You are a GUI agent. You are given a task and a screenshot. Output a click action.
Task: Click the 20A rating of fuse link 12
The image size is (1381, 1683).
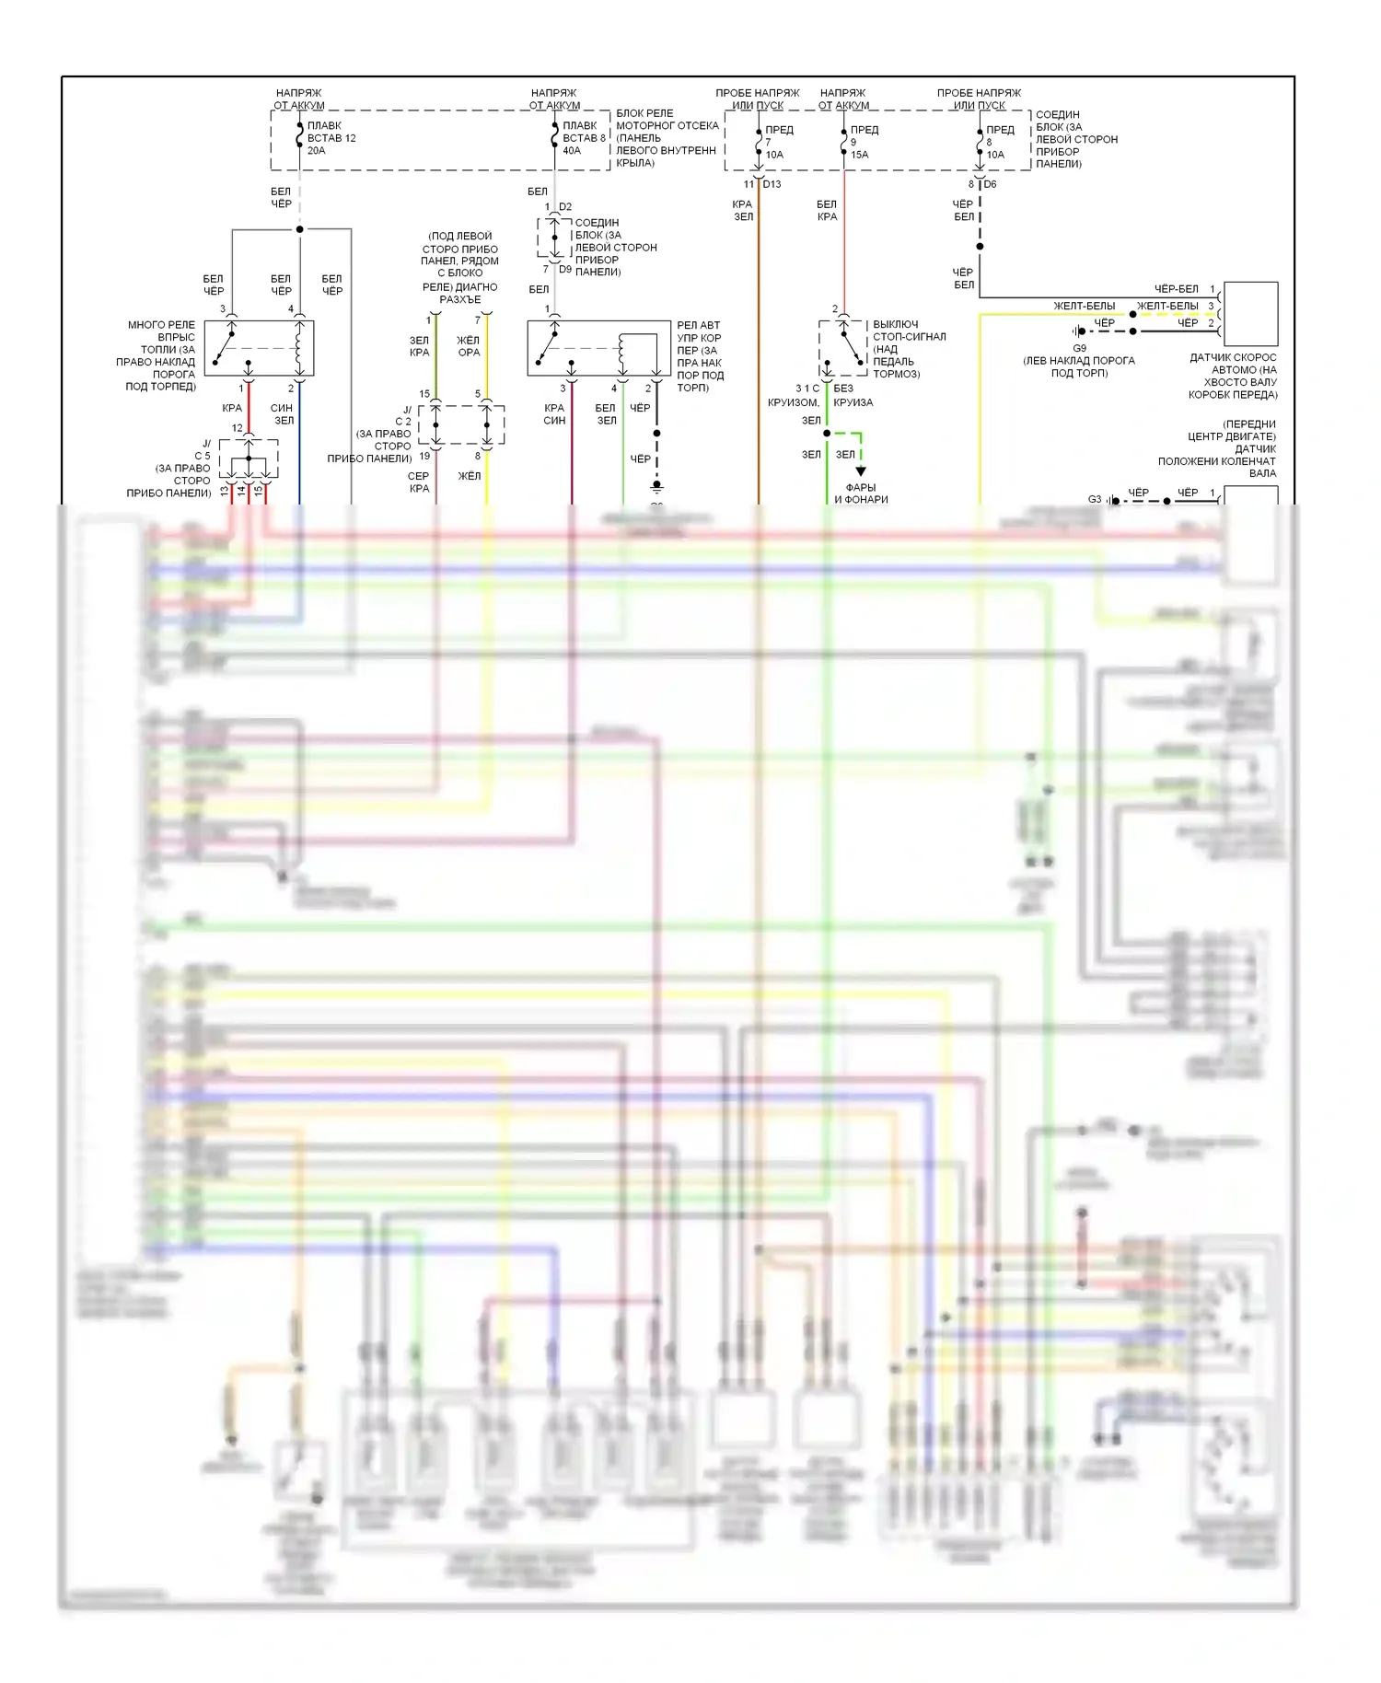click(x=316, y=151)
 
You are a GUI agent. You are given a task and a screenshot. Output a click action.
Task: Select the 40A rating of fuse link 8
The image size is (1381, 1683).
click(x=572, y=151)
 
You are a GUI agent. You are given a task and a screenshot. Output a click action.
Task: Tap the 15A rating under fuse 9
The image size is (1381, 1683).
click(x=859, y=155)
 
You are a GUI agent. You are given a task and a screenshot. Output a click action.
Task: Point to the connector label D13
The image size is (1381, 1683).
click(x=772, y=184)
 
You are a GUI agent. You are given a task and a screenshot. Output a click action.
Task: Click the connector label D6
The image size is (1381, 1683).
click(x=990, y=184)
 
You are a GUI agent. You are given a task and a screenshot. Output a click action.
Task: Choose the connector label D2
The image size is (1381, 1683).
click(x=565, y=207)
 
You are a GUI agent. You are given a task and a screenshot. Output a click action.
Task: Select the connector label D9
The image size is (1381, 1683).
click(x=565, y=270)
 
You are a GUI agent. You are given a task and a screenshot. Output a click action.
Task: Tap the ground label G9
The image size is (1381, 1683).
click(x=1079, y=348)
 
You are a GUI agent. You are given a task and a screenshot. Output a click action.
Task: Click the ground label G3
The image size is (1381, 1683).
click(x=1095, y=499)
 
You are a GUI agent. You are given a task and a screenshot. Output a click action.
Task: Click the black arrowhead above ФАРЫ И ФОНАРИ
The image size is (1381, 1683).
click(x=861, y=471)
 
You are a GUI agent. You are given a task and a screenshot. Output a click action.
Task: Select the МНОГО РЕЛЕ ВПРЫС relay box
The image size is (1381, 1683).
click(x=259, y=348)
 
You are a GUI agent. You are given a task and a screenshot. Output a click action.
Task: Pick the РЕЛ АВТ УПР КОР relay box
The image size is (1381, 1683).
click(x=598, y=348)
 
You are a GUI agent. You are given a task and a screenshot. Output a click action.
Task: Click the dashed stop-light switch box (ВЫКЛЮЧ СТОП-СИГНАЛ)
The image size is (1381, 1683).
click(x=842, y=348)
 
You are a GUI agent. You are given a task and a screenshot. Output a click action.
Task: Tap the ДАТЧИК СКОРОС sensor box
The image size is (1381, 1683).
click(x=1250, y=314)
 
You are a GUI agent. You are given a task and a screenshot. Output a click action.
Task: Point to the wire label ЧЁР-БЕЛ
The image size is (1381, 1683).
click(x=1176, y=289)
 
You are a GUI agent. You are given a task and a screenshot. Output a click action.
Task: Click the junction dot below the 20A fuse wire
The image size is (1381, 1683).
click(x=299, y=229)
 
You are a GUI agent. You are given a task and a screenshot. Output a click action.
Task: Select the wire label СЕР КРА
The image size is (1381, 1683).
click(x=419, y=482)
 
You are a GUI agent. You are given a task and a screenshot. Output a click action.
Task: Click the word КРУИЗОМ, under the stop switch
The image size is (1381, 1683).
click(x=793, y=402)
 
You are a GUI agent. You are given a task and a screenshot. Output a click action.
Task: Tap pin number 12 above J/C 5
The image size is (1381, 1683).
click(x=238, y=428)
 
